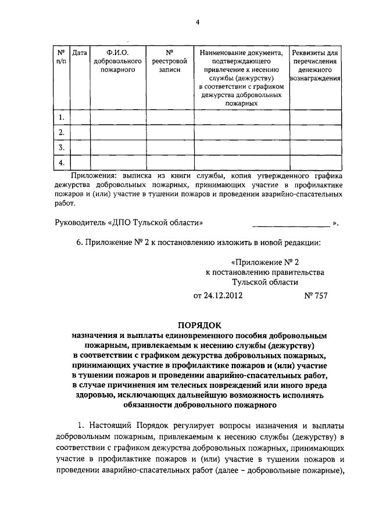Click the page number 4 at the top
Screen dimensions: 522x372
coord(197,23)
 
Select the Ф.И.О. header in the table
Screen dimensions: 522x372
coord(117,53)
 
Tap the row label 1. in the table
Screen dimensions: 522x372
coord(61,118)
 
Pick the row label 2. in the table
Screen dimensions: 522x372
coord(61,132)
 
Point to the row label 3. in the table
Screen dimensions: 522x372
coord(61,147)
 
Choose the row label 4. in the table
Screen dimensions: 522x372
coord(61,161)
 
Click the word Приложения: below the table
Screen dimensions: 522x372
coord(94,175)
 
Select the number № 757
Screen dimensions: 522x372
coord(316,295)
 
